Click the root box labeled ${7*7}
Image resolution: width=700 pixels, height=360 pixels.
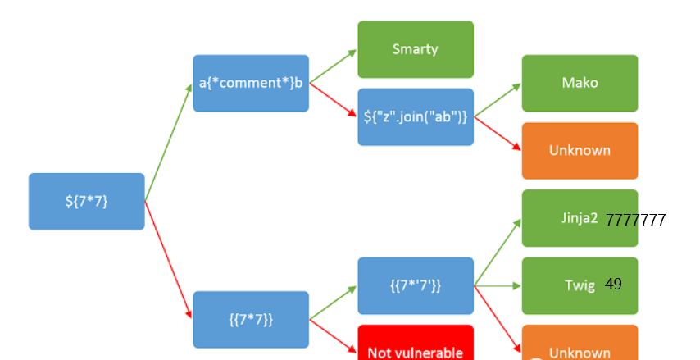pos(86,201)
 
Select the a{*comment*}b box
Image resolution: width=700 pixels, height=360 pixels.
pos(251,83)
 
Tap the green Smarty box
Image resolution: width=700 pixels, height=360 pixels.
pos(416,49)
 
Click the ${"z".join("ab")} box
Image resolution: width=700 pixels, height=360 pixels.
pos(416,116)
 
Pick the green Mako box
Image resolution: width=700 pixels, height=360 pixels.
pos(580,83)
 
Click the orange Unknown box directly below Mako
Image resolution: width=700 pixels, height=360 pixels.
pos(580,150)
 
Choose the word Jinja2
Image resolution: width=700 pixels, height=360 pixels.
pos(580,219)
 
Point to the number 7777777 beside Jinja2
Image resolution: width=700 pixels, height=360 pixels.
pos(636,220)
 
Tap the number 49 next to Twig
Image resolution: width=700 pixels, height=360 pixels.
pos(614,285)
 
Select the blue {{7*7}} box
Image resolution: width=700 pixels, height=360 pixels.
pos(251,319)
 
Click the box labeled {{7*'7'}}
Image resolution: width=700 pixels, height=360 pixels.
pos(416,285)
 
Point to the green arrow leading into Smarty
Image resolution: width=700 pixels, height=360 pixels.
pos(333,66)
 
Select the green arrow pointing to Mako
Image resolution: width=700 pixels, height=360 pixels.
pos(498,99)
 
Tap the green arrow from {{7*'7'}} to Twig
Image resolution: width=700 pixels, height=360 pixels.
pos(498,285)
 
